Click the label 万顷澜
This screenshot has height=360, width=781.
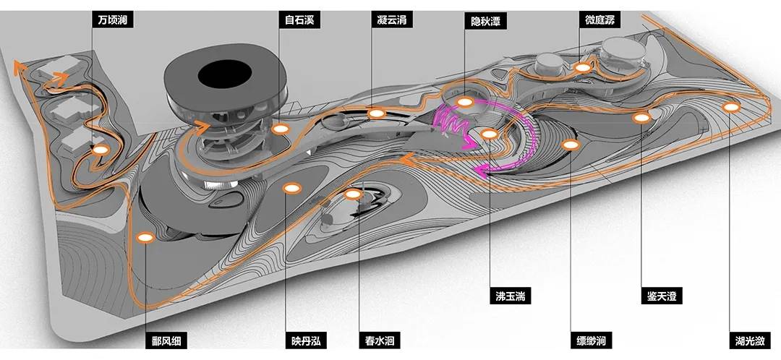[x=113, y=20]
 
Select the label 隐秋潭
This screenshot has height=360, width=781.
[x=484, y=20]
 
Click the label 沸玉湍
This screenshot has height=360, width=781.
[x=509, y=295]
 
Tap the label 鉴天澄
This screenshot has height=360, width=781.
[x=661, y=295]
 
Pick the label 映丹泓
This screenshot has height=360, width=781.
[x=304, y=340]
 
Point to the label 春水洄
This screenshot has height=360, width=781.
[x=380, y=340]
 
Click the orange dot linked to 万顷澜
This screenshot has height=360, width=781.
[x=100, y=150]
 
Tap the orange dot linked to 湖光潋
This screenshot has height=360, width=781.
[x=733, y=108]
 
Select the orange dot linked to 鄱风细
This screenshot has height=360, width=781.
[x=145, y=237]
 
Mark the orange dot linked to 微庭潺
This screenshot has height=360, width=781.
[x=582, y=67]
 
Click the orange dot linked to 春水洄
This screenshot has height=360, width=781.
[x=354, y=194]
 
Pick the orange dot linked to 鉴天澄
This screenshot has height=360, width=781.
[x=641, y=117]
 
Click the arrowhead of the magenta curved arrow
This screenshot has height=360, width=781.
[x=479, y=170]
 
